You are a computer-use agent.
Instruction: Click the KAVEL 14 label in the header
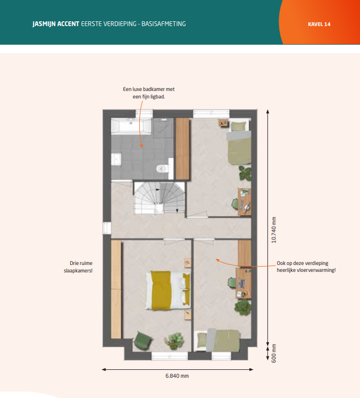click(319, 24)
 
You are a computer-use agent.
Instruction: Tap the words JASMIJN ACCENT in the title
click(56, 24)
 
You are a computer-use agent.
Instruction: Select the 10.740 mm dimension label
click(274, 230)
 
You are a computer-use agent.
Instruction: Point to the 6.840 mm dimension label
click(177, 376)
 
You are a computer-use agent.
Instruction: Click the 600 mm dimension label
click(274, 353)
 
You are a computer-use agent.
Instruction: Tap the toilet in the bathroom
click(162, 168)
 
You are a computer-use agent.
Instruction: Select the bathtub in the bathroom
click(131, 126)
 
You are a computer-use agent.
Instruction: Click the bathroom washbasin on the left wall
click(116, 160)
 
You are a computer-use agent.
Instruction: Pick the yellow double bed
click(168, 290)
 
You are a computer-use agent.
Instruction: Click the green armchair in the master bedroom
click(143, 341)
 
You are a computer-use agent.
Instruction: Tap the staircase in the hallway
click(159, 197)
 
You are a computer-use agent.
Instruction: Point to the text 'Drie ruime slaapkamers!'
click(78, 267)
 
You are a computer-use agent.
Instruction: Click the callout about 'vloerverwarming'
click(306, 267)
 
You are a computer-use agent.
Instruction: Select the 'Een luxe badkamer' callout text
click(149, 93)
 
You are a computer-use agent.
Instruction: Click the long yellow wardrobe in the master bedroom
click(116, 289)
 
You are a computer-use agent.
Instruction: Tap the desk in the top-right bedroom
click(244, 202)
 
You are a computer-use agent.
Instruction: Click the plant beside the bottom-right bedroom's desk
click(243, 306)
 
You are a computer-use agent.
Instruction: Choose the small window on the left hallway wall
click(107, 228)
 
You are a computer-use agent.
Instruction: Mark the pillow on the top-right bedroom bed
click(238, 126)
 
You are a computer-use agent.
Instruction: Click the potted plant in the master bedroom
click(174, 341)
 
